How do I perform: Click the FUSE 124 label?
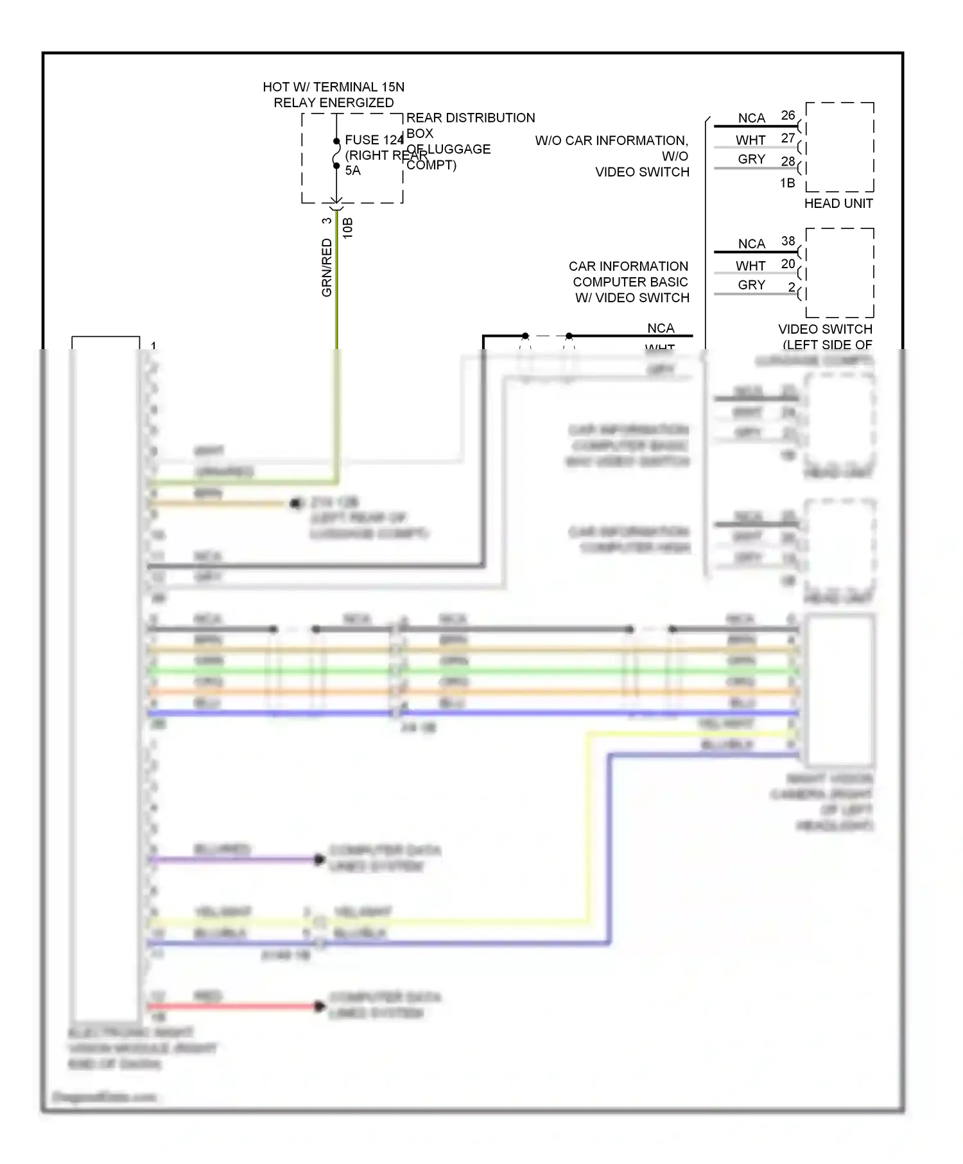click(x=374, y=140)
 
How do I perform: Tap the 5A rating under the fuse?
click(x=353, y=171)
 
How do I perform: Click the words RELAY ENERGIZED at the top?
click(x=334, y=103)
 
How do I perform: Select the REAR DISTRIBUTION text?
click(x=471, y=118)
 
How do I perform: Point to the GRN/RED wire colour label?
click(x=327, y=268)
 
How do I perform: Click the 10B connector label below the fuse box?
click(x=348, y=228)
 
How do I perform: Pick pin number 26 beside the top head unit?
click(x=788, y=116)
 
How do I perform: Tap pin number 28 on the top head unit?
click(x=788, y=162)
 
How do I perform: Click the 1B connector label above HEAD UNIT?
click(x=787, y=184)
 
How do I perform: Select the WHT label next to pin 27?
click(x=750, y=140)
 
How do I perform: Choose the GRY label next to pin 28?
click(x=751, y=159)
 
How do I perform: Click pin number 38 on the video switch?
click(x=788, y=241)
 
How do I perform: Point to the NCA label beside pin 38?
click(x=751, y=244)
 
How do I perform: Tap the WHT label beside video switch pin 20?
click(x=750, y=266)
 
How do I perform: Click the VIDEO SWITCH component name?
click(x=825, y=329)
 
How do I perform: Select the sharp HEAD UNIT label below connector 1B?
click(x=838, y=203)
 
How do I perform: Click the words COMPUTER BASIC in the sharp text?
click(x=630, y=282)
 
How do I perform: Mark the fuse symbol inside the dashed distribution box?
click(x=336, y=153)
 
